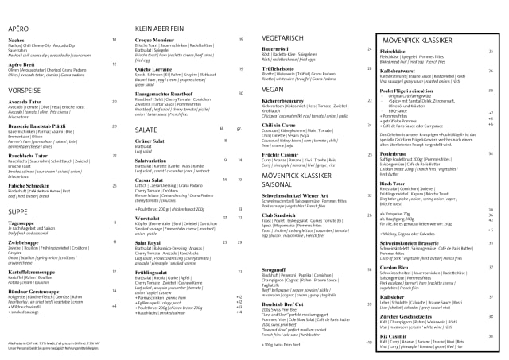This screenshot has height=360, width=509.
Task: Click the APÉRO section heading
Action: coord(19,27)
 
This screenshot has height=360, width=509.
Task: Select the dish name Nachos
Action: coord(17,39)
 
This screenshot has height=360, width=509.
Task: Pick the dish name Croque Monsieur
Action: coord(155,39)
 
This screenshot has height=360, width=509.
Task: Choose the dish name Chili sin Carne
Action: coord(278,125)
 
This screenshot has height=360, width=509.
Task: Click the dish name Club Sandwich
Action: coord(278,215)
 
